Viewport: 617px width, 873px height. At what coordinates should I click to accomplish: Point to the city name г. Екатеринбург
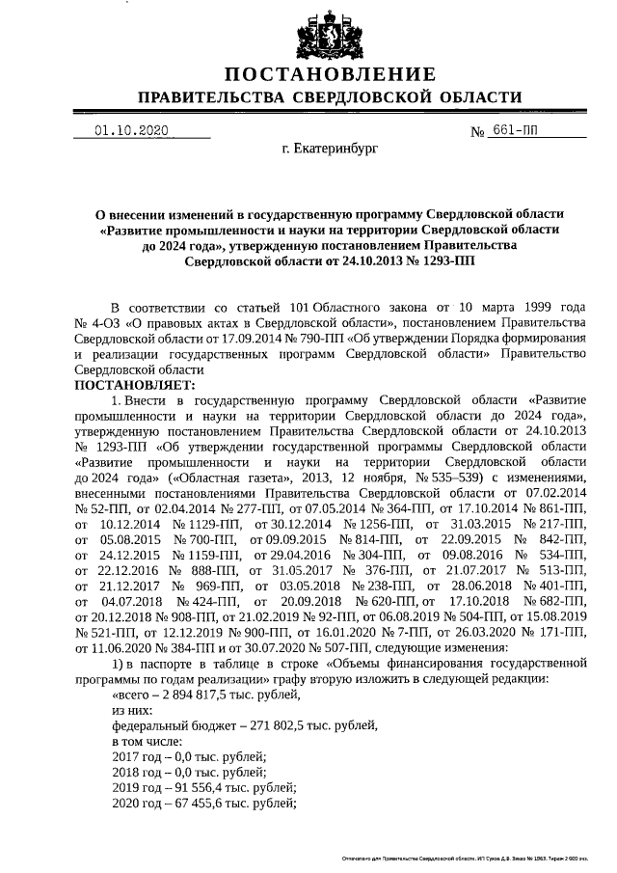pyautogui.click(x=330, y=150)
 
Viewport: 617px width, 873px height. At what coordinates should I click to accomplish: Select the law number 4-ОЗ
pyautogui.click(x=110, y=321)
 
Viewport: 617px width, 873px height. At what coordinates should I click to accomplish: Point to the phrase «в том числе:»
pyautogui.click(x=147, y=740)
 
